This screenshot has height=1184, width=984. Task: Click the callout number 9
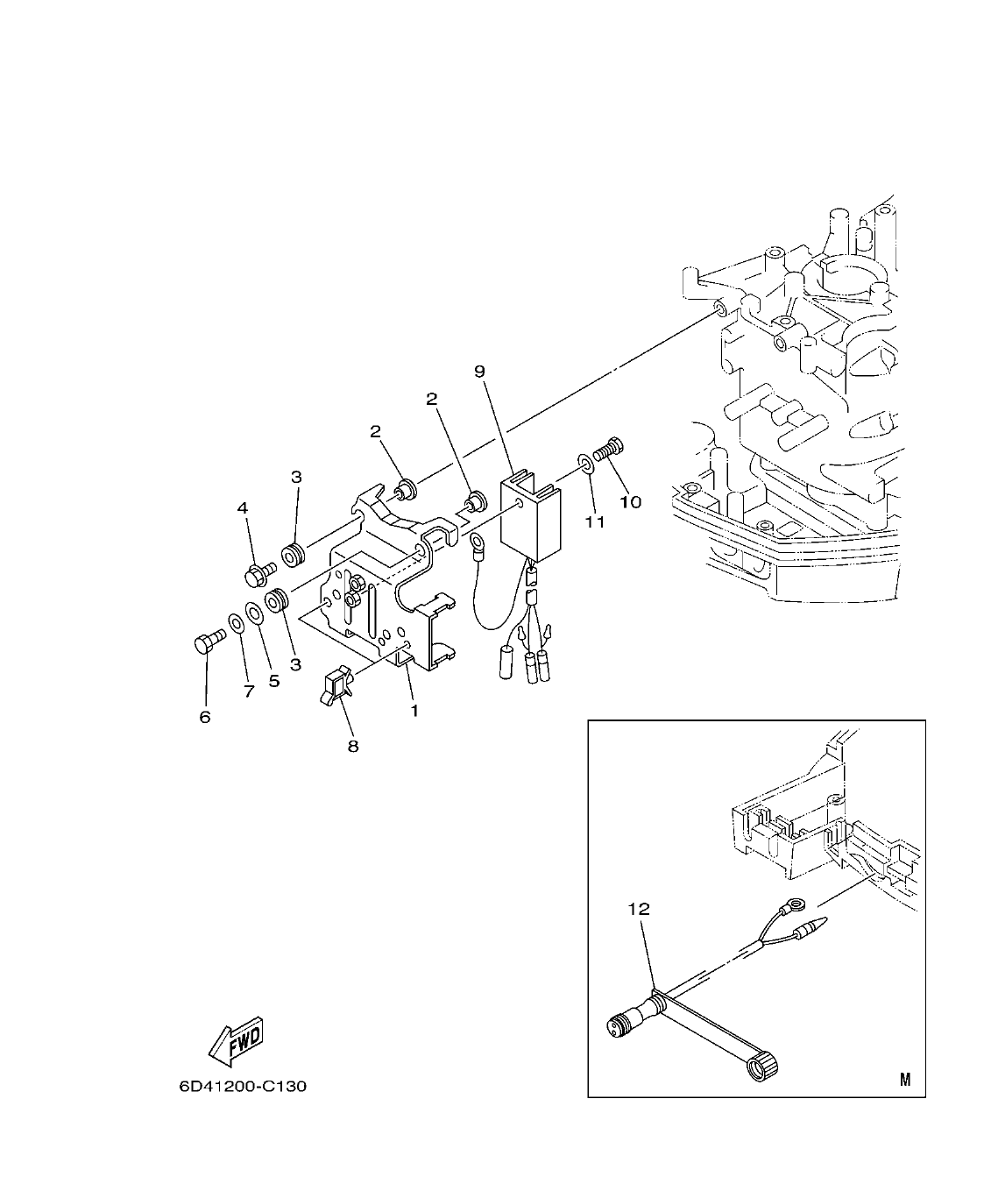click(479, 371)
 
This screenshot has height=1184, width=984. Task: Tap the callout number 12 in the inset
click(639, 909)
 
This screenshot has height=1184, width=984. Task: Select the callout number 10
click(631, 502)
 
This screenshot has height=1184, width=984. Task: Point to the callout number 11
click(596, 522)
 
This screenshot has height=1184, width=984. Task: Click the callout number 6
click(205, 716)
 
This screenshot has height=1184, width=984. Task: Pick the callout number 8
click(353, 746)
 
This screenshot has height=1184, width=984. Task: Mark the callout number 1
click(414, 711)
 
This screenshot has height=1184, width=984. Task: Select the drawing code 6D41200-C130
click(243, 1087)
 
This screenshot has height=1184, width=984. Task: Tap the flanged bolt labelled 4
click(257, 575)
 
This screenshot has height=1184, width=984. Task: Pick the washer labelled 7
click(237, 624)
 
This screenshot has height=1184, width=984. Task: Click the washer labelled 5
click(253, 612)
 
